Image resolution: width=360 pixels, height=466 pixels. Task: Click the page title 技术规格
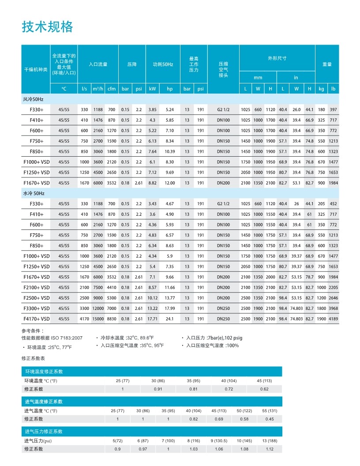(47, 27)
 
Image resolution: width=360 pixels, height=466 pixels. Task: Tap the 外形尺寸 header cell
(277, 58)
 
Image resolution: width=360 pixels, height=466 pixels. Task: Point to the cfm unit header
(112, 89)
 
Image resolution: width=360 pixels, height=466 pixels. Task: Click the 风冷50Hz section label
(34, 99)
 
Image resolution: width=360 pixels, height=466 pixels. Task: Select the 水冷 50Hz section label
(34, 193)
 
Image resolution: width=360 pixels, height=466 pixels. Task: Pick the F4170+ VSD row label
(37, 319)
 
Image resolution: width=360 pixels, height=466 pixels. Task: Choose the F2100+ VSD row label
(37, 287)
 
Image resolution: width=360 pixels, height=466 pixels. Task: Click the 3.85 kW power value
(153, 109)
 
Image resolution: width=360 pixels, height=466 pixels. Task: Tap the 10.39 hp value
(169, 151)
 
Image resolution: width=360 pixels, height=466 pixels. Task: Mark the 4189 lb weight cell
(334, 319)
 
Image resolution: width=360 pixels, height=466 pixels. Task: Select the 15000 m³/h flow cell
(98, 319)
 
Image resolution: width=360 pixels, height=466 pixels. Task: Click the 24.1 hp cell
(169, 319)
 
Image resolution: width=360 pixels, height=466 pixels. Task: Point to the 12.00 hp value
(169, 183)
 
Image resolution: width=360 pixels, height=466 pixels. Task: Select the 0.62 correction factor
(264, 389)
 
